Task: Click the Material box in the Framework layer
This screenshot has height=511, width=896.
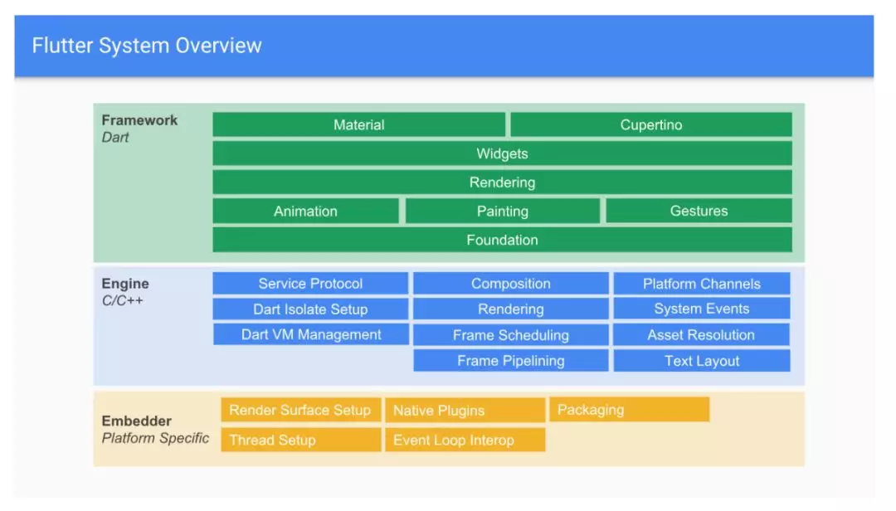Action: pyautogui.click(x=359, y=124)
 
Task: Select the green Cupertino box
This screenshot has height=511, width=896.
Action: pyautogui.click(x=651, y=124)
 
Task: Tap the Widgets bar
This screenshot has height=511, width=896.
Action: pyautogui.click(x=502, y=153)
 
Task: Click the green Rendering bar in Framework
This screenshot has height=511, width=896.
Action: pyautogui.click(x=502, y=182)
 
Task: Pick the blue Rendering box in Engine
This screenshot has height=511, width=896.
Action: pyautogui.click(x=511, y=309)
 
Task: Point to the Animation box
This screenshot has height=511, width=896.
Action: pyautogui.click(x=305, y=211)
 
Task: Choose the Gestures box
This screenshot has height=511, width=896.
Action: pyautogui.click(x=699, y=211)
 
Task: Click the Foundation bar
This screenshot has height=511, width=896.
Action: pyautogui.click(x=502, y=240)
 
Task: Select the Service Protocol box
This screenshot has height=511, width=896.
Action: pyautogui.click(x=310, y=284)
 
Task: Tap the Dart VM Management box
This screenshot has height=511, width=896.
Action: pyautogui.click(x=311, y=334)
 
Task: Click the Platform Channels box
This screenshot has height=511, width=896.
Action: pyautogui.click(x=702, y=284)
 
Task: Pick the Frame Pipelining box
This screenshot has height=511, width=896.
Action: pyautogui.click(x=511, y=361)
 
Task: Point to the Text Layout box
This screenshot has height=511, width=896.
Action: pyautogui.click(x=702, y=361)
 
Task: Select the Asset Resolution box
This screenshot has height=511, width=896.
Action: pyautogui.click(x=701, y=335)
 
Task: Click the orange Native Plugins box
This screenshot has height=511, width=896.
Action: pyautogui.click(x=465, y=411)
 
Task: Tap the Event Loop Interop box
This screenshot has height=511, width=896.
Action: pyautogui.click(x=465, y=440)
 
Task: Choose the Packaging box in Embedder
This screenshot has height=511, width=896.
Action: pyautogui.click(x=629, y=410)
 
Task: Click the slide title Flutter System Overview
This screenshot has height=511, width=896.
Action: pyautogui.click(x=147, y=46)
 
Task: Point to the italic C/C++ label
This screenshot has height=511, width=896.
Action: pyautogui.click(x=122, y=300)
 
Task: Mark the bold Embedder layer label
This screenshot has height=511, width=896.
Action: pyautogui.click(x=137, y=421)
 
